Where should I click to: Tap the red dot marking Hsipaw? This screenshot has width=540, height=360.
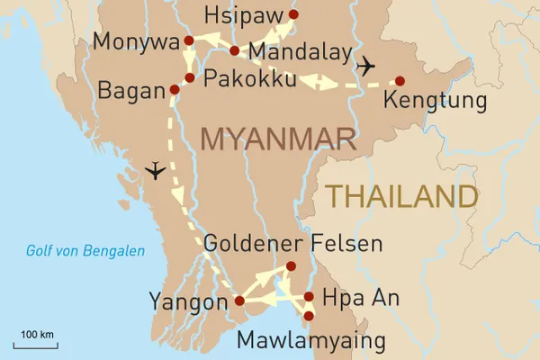[292, 14]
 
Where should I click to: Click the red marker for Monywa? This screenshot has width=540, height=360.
[189, 40]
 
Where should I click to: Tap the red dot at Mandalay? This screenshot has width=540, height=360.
[234, 50]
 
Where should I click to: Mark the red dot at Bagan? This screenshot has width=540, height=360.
[175, 90]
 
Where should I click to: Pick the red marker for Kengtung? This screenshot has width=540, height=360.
[400, 80]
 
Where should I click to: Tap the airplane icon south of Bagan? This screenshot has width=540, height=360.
[156, 169]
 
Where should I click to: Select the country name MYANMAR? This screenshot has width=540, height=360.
[278, 139]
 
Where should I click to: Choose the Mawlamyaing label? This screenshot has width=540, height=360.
[310, 341]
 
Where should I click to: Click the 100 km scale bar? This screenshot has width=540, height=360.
[37, 342]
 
